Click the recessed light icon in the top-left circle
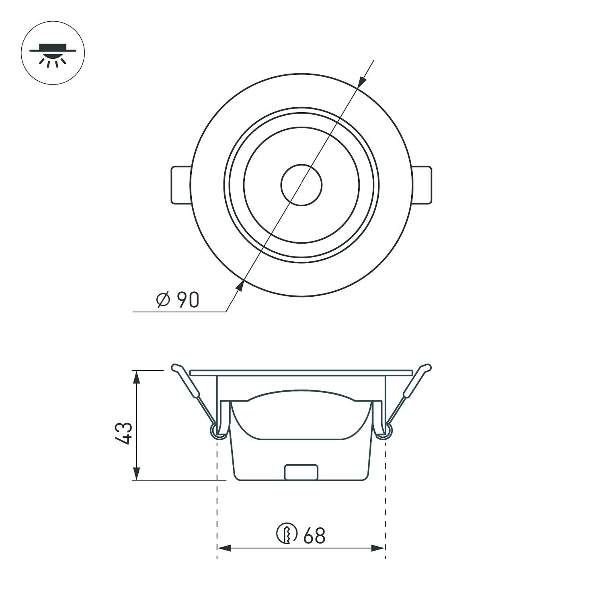pos(53,53)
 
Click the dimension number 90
pos(188,300)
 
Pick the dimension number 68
pos(314,535)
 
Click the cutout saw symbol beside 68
pos(287,534)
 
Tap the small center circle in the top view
pos(301,185)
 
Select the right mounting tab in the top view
pos(422,185)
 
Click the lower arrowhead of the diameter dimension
pos(240,286)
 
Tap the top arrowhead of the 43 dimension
pos(137,377)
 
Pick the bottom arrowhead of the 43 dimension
pos(137,474)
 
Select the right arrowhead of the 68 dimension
pos(378,548)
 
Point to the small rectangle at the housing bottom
pos(301,472)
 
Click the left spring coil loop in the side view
pos(215,431)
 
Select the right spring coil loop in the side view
pos(387,431)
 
